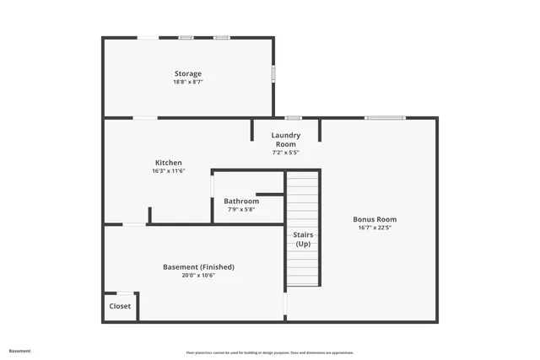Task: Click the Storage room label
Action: click(187, 73)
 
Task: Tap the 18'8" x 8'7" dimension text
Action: click(187, 82)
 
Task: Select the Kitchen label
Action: click(168, 163)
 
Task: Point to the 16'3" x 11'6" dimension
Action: click(168, 171)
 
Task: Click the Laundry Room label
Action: click(285, 139)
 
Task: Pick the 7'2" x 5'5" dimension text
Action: click(285, 153)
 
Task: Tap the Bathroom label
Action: click(241, 201)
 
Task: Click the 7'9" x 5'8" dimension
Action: click(241, 209)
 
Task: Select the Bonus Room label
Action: click(375, 219)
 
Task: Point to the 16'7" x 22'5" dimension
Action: click(375, 228)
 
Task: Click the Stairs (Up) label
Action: click(303, 239)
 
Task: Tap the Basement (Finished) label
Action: click(198, 266)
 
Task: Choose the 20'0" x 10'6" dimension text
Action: click(198, 275)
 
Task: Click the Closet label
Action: click(120, 306)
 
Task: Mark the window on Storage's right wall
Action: click(273, 73)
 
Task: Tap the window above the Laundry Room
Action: click(293, 118)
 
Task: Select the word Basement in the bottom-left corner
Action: click(19, 351)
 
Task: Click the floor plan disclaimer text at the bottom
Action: click(270, 352)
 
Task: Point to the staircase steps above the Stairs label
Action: click(303, 198)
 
